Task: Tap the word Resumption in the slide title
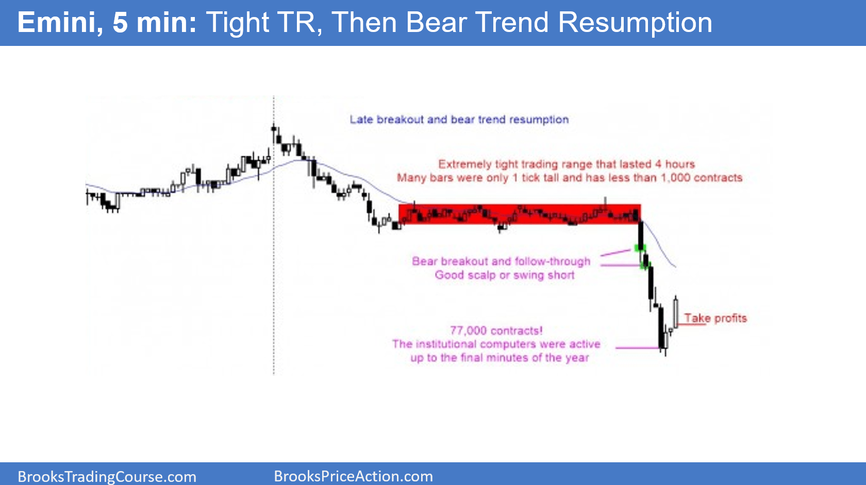pos(635,23)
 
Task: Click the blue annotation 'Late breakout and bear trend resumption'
pos(459,120)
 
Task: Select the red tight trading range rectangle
pos(520,214)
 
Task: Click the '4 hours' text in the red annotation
pos(675,164)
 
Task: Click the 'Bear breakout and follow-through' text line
pos(501,261)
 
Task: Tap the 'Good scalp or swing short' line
pos(504,275)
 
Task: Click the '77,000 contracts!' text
pos(496,331)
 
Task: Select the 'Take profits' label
pos(715,318)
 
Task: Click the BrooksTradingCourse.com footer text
pos(107,476)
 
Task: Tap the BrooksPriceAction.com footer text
pos(353,476)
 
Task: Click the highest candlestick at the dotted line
pos(274,132)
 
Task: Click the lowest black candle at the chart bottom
pos(661,327)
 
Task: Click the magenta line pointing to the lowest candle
pos(637,348)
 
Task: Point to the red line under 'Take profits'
pos(691,325)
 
